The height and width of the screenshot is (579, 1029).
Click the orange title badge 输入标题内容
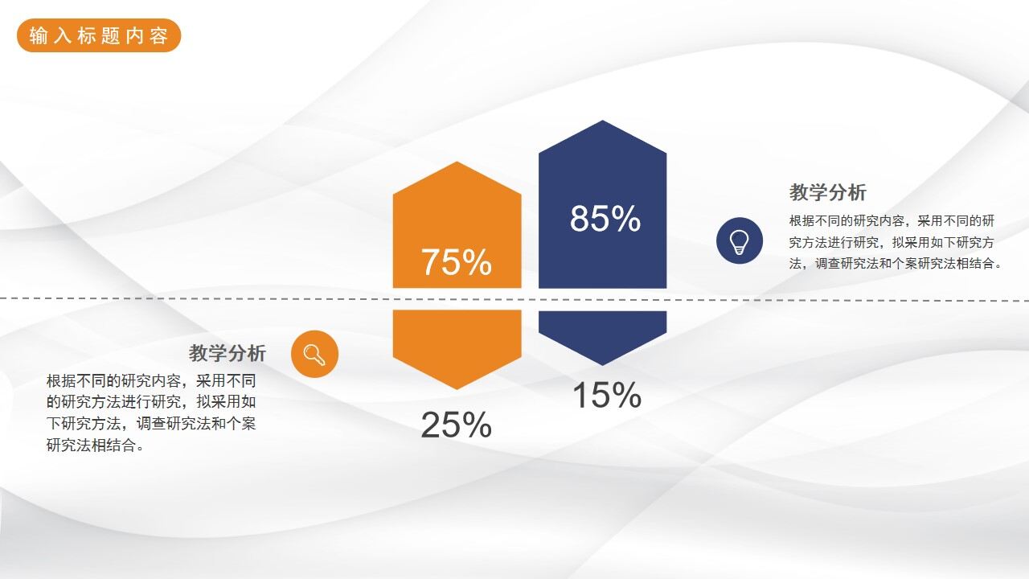(x=99, y=35)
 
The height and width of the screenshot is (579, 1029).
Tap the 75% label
(x=456, y=263)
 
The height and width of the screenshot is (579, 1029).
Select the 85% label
(x=605, y=219)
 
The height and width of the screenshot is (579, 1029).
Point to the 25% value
(x=456, y=425)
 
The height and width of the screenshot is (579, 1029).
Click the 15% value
(x=606, y=395)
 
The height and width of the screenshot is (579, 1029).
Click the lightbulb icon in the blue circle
(x=739, y=240)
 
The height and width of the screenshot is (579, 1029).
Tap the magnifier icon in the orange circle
(x=314, y=354)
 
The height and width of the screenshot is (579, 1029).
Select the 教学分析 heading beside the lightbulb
(x=827, y=193)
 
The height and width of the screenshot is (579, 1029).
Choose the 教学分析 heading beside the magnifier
(x=228, y=353)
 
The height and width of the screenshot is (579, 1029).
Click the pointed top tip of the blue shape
(x=602, y=123)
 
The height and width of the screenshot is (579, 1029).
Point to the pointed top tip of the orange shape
(x=457, y=164)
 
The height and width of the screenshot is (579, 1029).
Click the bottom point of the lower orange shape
(x=457, y=388)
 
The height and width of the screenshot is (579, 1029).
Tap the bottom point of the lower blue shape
(x=602, y=363)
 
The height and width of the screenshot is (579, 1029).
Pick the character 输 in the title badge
(x=38, y=36)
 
